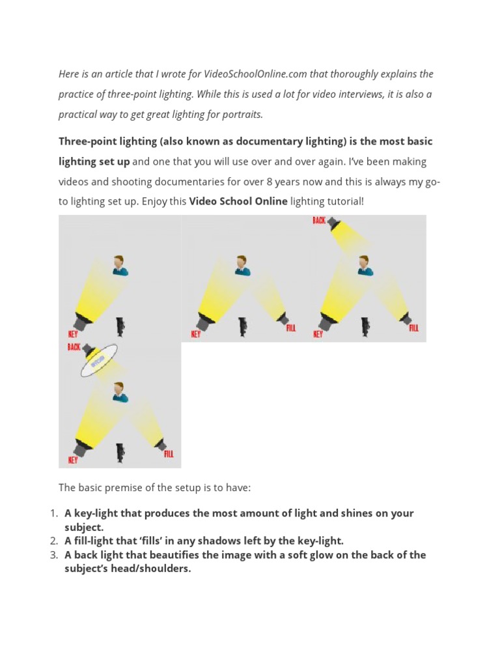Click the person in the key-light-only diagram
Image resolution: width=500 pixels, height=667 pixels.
click(119, 265)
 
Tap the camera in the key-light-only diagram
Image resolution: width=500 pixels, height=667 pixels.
click(120, 326)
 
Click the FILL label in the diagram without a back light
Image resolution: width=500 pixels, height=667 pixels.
click(290, 328)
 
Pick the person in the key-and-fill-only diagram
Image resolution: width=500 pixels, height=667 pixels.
click(242, 265)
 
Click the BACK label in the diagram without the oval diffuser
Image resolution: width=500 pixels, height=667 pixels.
click(318, 221)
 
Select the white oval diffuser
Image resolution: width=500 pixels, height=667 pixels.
click(99, 360)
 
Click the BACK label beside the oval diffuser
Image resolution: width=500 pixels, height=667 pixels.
click(74, 347)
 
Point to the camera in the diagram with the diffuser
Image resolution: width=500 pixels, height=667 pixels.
click(120, 452)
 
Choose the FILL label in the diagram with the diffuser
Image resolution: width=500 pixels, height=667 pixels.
click(169, 454)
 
